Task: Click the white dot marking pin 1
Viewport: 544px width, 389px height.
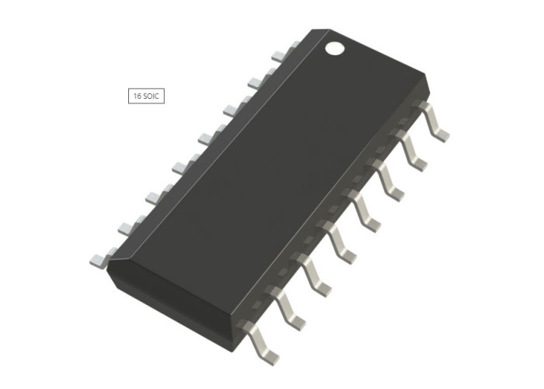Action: (335, 48)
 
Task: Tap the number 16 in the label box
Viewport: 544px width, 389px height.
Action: (138, 96)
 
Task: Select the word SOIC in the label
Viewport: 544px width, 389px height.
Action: (151, 96)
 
